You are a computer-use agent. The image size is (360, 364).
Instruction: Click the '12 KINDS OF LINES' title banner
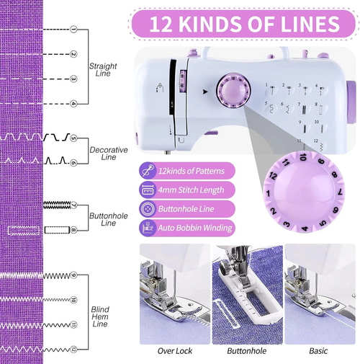244,23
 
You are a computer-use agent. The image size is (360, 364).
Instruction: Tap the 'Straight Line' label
103,70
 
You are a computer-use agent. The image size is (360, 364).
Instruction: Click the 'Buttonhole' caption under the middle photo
247,351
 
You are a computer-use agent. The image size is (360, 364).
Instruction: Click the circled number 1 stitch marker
73,30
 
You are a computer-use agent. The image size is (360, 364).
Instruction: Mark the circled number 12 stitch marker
73,348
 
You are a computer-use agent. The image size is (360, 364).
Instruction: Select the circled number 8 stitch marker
73,230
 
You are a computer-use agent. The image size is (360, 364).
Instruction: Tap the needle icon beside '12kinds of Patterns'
147,172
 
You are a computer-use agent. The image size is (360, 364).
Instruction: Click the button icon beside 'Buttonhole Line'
147,209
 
